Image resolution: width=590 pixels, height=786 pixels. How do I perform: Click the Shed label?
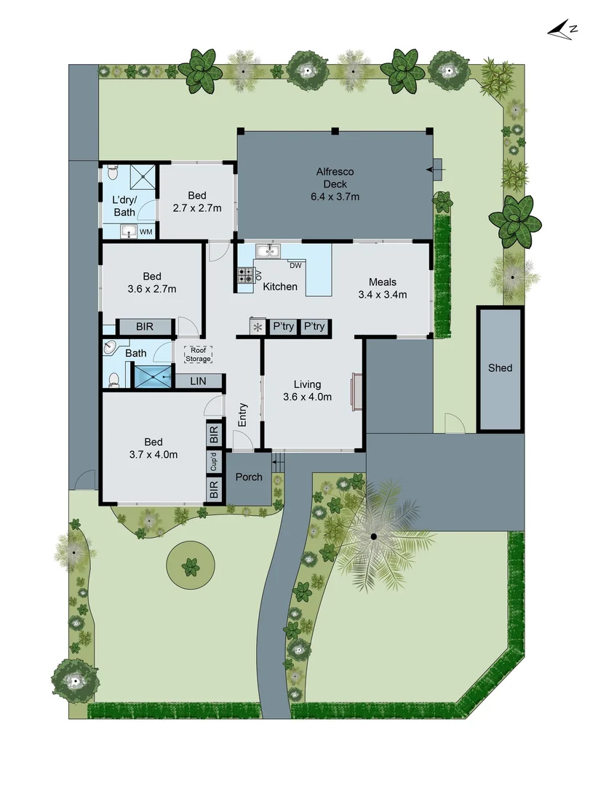coord(500,368)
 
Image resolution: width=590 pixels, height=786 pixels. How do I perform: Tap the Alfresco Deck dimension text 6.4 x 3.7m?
coord(335,196)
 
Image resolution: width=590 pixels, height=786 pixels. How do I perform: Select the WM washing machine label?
coord(145,232)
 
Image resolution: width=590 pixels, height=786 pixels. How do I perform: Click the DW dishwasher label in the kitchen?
coord(295,265)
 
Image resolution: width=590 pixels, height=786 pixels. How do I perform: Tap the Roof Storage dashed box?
coord(197,354)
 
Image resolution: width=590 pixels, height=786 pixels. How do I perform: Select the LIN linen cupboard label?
coord(197,381)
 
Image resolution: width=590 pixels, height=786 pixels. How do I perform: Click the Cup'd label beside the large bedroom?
coord(214,461)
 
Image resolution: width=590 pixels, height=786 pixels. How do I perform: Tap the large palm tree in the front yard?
coord(373,537)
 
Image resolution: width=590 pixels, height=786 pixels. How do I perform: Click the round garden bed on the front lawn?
coord(191,565)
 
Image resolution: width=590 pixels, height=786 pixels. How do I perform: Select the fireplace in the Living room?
coord(356,390)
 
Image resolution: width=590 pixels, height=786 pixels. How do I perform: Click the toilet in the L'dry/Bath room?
coord(111,172)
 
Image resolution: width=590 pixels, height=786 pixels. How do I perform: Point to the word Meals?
coord(382,282)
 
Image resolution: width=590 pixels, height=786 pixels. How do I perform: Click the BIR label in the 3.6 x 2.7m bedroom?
coord(144,327)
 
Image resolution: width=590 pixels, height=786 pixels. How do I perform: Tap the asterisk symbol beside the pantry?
coord(258,327)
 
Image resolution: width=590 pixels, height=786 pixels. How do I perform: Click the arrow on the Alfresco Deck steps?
coord(434,171)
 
